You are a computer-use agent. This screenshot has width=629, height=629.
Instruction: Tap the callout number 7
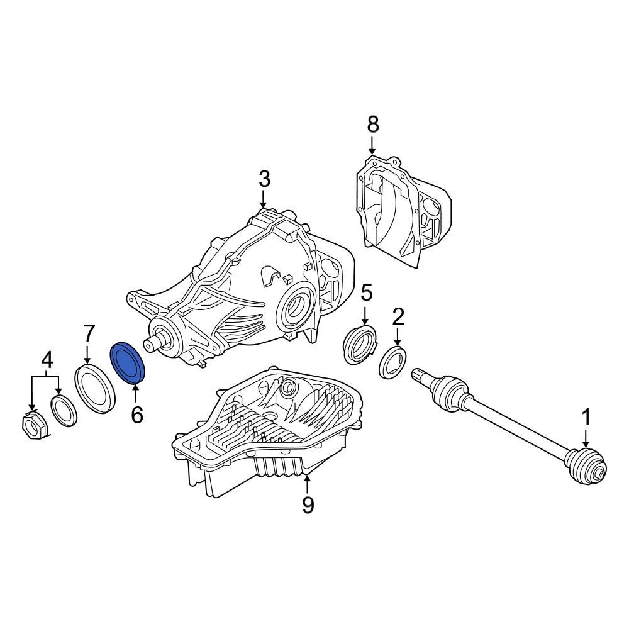click(x=89, y=333)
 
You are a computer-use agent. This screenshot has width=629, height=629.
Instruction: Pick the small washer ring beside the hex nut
click(x=64, y=410)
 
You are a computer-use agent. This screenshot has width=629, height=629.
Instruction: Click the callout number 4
click(x=47, y=361)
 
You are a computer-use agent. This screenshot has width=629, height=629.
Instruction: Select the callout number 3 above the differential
click(x=264, y=179)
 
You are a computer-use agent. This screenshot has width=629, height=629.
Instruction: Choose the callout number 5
click(x=366, y=292)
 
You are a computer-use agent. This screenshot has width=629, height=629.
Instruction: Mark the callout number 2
click(x=398, y=316)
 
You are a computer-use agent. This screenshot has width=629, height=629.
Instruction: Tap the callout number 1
click(x=586, y=416)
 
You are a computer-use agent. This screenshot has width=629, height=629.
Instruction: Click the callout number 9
click(x=307, y=504)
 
